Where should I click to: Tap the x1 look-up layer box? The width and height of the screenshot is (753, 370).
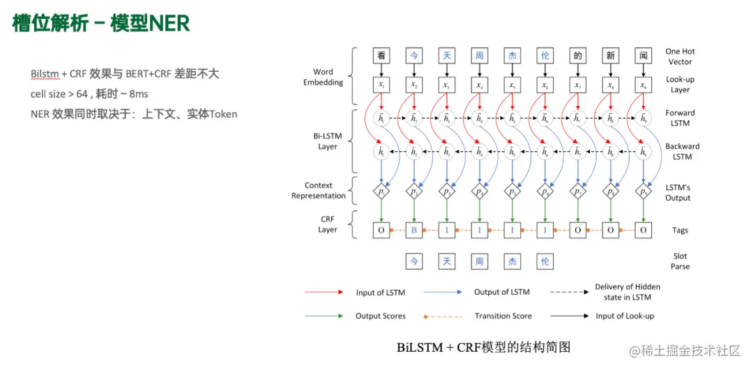381,86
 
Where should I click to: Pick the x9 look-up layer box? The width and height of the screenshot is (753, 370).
644,86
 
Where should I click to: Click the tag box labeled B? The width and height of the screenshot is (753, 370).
414,229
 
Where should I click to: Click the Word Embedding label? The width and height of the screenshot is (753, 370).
323,77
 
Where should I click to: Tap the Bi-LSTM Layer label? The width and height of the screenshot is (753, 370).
327,141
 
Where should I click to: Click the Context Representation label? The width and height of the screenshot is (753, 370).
318,191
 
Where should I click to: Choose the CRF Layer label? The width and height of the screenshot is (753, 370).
328,224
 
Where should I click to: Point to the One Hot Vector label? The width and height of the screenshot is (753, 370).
680,56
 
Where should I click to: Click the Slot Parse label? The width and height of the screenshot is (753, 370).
680,261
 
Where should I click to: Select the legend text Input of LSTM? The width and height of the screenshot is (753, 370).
380,293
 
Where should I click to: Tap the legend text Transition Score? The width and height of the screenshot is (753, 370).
503,316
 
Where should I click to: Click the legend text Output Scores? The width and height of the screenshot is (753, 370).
380,316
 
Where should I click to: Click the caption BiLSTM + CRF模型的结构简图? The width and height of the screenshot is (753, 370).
483,346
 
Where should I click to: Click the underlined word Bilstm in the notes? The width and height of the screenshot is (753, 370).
45,74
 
